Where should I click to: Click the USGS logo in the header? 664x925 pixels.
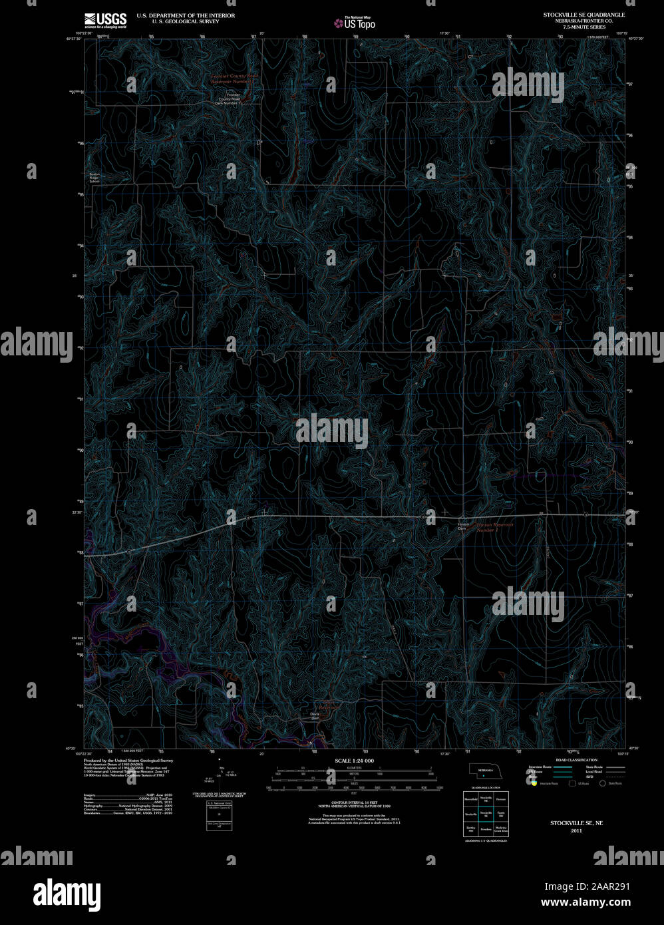(105, 20)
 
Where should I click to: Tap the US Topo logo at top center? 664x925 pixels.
(355, 23)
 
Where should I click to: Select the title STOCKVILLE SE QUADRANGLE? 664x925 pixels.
(583, 15)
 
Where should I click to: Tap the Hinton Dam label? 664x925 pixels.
(464, 526)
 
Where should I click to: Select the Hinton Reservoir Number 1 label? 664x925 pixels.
(496, 527)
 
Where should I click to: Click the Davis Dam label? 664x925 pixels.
(315, 717)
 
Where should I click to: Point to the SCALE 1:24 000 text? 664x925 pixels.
(354, 761)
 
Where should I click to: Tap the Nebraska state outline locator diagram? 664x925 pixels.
(484, 770)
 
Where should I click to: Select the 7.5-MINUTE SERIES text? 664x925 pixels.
(583, 27)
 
